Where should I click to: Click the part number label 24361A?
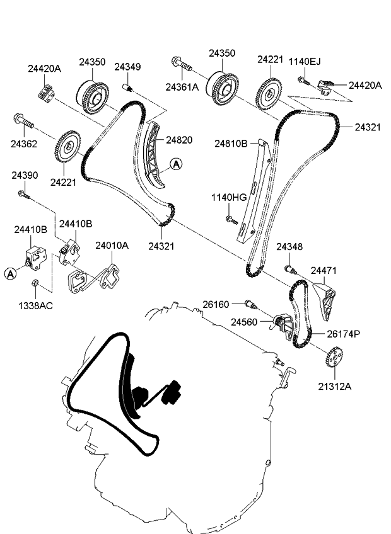point(182,87)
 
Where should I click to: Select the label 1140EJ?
point(305,61)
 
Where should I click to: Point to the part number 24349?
point(127,67)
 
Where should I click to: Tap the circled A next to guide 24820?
point(176,164)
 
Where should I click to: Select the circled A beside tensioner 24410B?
point(10,273)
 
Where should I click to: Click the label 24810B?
point(231,144)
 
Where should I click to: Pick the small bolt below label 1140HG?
point(231,220)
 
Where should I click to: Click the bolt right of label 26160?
point(251,305)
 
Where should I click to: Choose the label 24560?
point(243,322)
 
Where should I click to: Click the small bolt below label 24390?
point(23,195)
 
